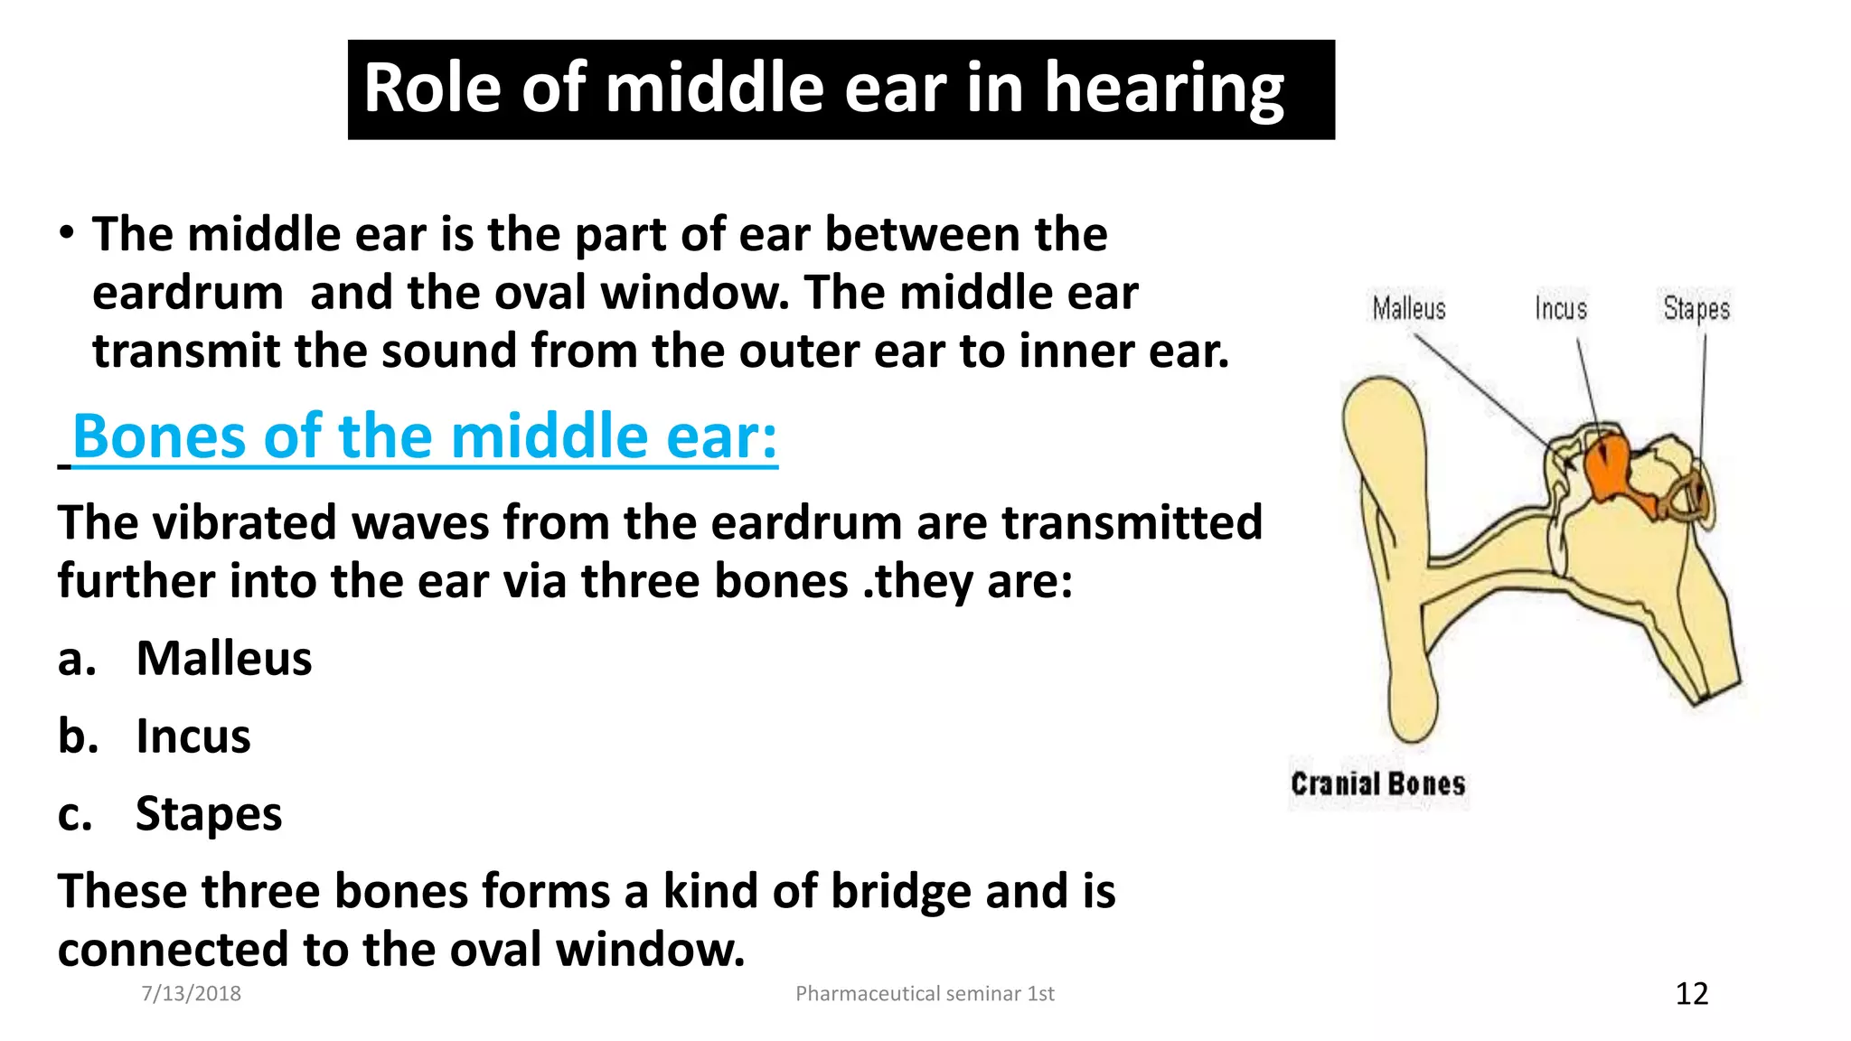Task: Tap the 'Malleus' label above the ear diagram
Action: (1408, 309)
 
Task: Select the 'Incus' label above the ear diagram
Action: (1561, 309)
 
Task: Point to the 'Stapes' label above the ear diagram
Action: (1696, 309)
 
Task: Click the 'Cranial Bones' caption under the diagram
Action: (1377, 783)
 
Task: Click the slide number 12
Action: (1692, 994)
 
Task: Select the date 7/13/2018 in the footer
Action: (192, 994)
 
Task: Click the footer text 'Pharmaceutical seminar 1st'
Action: (925, 994)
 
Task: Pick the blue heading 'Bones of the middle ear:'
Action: (425, 437)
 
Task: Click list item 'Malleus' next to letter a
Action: (223, 658)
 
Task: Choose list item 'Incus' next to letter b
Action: (193, 736)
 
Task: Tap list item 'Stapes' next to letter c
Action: (208, 813)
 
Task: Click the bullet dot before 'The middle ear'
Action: (66, 233)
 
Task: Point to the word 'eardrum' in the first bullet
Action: (188, 293)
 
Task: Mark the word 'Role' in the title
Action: (432, 89)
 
